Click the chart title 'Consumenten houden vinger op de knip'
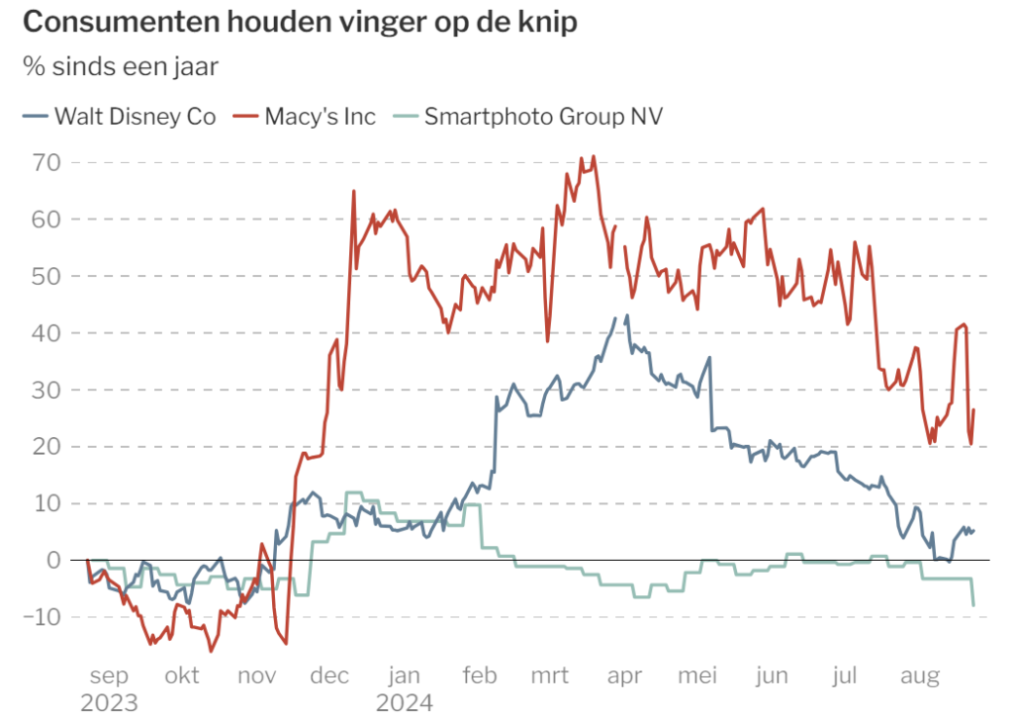tap(301, 22)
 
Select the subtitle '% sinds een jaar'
tap(121, 66)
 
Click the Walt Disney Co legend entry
tap(119, 117)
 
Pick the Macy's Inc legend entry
tap(305, 117)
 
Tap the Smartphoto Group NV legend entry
tap(528, 117)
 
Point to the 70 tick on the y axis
tap(46, 163)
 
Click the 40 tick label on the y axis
tap(46, 333)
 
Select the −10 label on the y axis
tap(42, 617)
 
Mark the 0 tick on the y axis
tap(54, 561)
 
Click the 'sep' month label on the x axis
tap(109, 675)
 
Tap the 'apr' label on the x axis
tap(624, 675)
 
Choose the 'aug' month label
tap(920, 675)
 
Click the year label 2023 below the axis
tap(109, 702)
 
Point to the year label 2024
tap(405, 702)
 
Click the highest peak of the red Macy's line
tap(594, 156)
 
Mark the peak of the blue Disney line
tap(626, 315)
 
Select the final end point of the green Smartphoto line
tap(973, 605)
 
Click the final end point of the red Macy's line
tap(974, 409)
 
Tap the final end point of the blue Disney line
tap(974, 531)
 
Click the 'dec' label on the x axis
tap(329, 675)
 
